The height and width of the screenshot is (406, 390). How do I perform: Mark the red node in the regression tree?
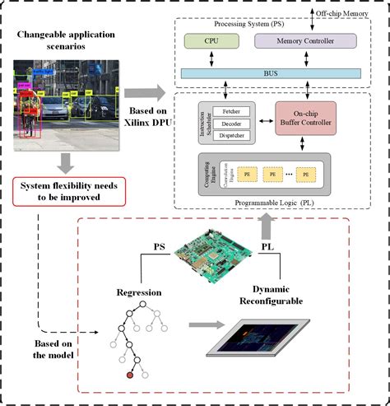coord(128,376)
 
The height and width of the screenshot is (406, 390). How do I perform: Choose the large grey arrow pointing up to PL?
coord(264,223)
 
